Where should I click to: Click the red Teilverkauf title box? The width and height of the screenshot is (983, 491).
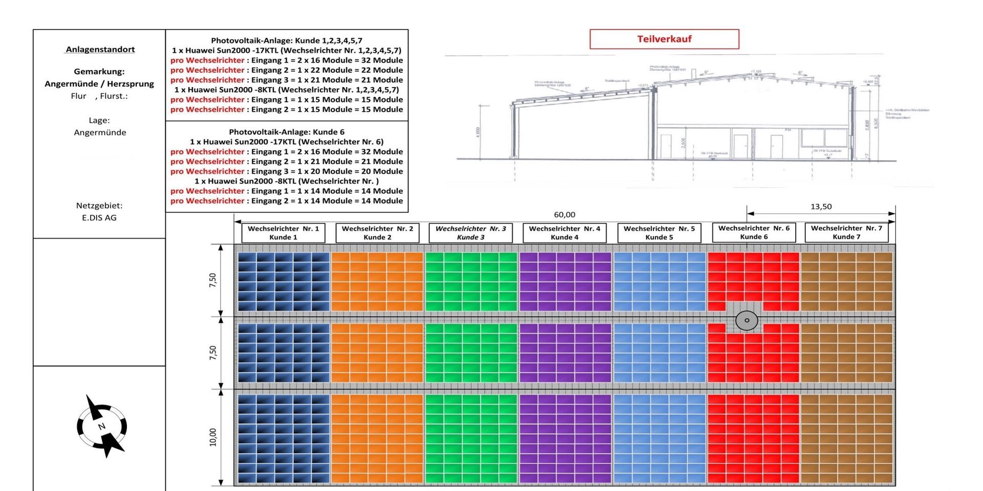coord(664,39)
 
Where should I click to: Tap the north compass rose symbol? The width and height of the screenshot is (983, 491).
coord(102,426)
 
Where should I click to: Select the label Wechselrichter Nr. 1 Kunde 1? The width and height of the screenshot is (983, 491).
coord(283,233)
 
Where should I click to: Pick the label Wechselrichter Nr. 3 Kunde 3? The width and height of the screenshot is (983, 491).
coord(471,233)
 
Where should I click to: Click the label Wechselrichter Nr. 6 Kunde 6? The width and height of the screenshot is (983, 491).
coord(754,232)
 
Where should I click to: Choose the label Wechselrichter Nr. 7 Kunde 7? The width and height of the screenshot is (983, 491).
coord(846,232)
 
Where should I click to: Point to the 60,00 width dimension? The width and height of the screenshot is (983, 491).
coord(564,215)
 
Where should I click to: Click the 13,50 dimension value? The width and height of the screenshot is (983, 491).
coord(821,207)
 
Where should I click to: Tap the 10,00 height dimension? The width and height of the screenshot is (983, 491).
coord(213,437)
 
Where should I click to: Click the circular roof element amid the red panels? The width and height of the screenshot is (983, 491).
coord(746,320)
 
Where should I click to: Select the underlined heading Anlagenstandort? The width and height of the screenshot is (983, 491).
coord(100,49)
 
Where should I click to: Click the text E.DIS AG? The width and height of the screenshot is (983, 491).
coord(99,217)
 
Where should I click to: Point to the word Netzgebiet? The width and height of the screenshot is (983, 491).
coord(99,206)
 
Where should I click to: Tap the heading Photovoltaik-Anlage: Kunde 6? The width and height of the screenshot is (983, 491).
coord(287,132)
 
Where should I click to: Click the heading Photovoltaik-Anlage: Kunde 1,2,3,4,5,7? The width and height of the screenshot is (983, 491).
coord(287,40)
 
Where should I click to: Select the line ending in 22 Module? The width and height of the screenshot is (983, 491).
coord(287,70)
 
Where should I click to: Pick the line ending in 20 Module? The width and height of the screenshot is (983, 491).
coord(287,171)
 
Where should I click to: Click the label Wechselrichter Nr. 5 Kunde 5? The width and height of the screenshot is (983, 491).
coord(659,233)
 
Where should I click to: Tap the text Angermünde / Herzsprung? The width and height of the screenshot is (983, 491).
coord(99,84)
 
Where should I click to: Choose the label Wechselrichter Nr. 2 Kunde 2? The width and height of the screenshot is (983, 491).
coord(377,233)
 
